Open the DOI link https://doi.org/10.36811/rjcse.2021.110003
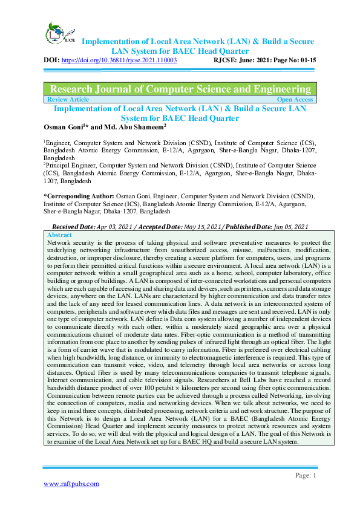pos(119,61)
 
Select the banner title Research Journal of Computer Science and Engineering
pos(180,88)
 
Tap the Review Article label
pos(68,99)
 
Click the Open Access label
pos(295,99)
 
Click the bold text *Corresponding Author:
pos(79,196)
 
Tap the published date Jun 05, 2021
pos(287,226)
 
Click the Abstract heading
pos(59,235)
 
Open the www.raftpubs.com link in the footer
pos(71,484)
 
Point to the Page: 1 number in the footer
pos(306,475)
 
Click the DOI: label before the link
pos(51,61)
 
